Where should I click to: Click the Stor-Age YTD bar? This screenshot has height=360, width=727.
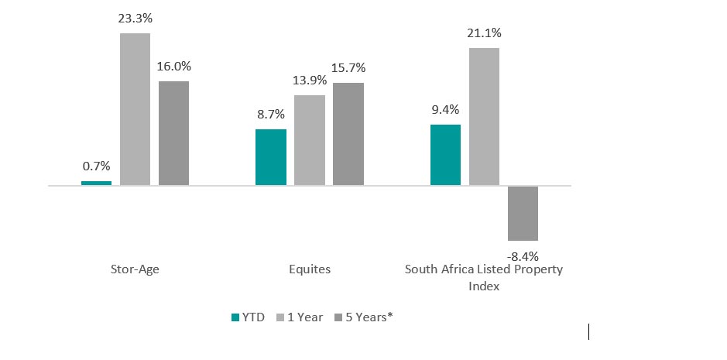(x=96, y=183)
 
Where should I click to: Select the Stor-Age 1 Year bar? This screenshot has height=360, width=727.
(x=135, y=109)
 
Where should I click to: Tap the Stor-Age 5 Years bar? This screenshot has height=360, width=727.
(x=173, y=133)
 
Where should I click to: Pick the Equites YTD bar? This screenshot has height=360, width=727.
(x=270, y=157)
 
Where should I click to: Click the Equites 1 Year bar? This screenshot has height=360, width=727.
(x=309, y=140)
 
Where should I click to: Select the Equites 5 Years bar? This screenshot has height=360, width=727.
(x=348, y=134)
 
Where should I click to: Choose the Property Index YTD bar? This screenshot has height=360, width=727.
(x=445, y=155)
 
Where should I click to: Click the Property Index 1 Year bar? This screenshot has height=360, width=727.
(x=484, y=117)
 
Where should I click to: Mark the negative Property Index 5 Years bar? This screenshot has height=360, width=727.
(x=523, y=213)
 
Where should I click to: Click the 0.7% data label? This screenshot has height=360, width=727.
(x=96, y=166)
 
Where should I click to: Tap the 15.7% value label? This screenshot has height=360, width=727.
(x=348, y=67)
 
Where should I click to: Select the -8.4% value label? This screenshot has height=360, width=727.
(x=523, y=255)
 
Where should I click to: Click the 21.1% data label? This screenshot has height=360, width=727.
(x=484, y=33)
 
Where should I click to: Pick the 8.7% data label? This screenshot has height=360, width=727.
(x=270, y=113)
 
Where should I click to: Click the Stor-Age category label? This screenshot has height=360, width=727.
(x=135, y=269)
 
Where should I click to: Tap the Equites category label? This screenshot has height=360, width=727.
(x=309, y=269)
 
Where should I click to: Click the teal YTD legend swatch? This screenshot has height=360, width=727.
(x=235, y=317)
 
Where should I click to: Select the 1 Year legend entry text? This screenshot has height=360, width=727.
(x=305, y=317)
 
